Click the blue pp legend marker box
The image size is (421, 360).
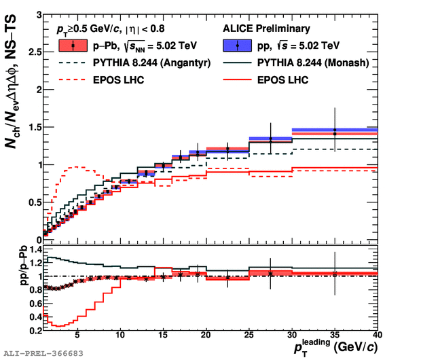coord(237,46)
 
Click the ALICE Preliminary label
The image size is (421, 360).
coord(266,29)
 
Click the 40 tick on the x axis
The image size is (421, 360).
coord(377,336)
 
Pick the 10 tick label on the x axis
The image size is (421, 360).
coord(120,336)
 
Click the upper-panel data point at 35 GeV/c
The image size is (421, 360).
coord(334,132)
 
